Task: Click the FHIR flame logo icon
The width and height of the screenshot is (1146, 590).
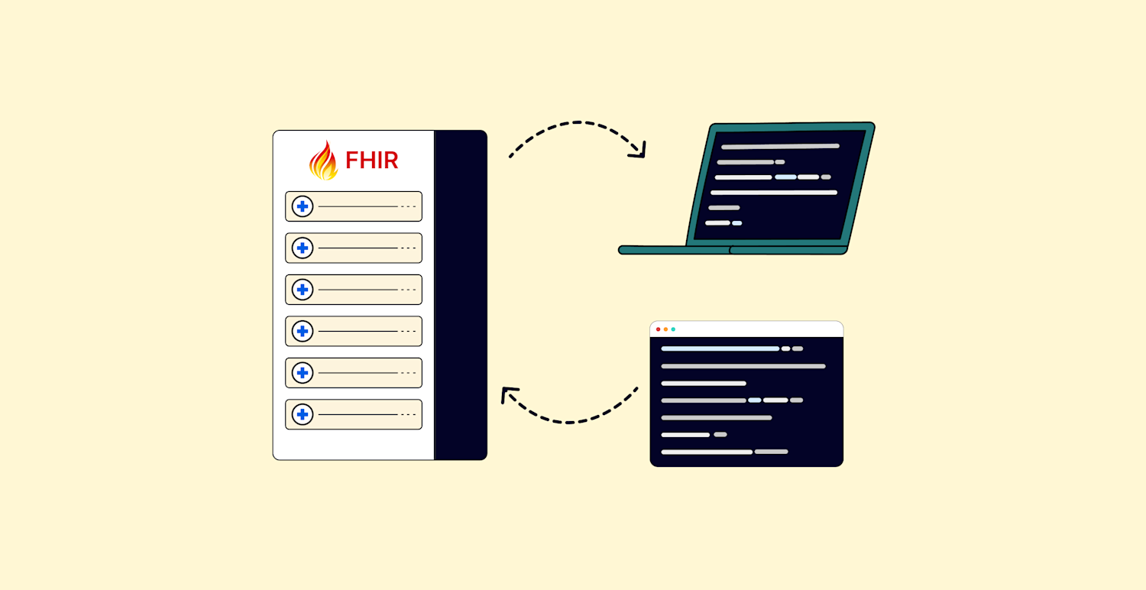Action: click(323, 160)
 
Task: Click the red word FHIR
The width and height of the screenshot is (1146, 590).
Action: click(371, 160)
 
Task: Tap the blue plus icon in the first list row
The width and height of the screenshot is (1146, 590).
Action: click(303, 206)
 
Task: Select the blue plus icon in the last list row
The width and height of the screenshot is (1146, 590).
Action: click(303, 414)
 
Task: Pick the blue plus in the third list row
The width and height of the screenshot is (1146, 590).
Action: click(303, 290)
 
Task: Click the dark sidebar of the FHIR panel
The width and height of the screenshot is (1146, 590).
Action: click(460, 295)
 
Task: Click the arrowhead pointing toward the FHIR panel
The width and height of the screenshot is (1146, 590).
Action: click(507, 394)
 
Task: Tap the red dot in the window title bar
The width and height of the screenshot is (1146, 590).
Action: click(658, 329)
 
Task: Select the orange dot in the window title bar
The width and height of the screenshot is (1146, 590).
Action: click(665, 329)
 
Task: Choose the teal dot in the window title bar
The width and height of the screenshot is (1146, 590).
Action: click(673, 329)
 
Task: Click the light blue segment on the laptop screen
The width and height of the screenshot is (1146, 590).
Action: click(785, 177)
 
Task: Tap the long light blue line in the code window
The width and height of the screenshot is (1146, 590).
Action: click(720, 348)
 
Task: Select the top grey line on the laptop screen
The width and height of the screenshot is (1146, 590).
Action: click(780, 146)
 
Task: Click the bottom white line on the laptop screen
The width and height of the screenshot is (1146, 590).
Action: click(717, 223)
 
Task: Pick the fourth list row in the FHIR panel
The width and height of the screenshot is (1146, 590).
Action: click(354, 331)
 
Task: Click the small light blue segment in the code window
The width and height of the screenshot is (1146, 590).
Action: click(754, 400)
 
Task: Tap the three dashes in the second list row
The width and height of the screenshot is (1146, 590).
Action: click(408, 248)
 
